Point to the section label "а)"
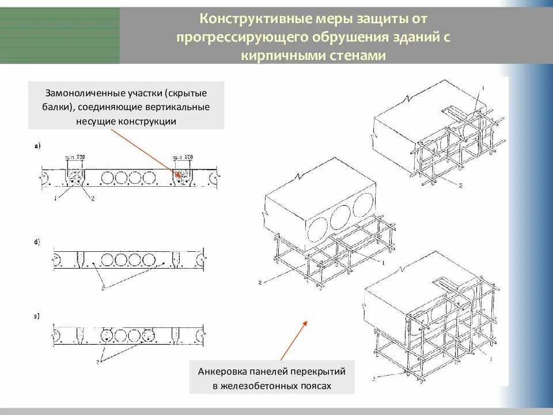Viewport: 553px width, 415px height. pyautogui.click(x=38, y=146)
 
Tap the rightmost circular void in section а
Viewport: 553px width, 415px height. pyautogui.click(x=150, y=178)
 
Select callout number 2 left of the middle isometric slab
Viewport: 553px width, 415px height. pyautogui.click(x=260, y=282)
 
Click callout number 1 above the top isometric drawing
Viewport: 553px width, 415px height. pyautogui.click(x=483, y=88)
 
